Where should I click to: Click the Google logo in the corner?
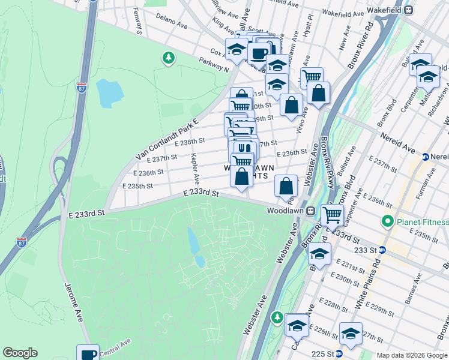pyautogui.click(x=20, y=353)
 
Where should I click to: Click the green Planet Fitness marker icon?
pyautogui.click(x=387, y=221)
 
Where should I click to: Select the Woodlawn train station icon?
pyautogui.click(x=310, y=211)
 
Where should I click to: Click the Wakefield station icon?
pyautogui.click(x=408, y=10)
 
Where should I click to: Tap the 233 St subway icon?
pyautogui.click(x=382, y=250)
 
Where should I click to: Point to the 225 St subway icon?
pyautogui.click(x=339, y=354)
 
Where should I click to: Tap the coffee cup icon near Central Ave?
pyautogui.click(x=88, y=354)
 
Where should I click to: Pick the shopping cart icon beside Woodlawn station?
pyautogui.click(x=332, y=214)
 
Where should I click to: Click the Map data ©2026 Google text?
pyautogui.click(x=411, y=355)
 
